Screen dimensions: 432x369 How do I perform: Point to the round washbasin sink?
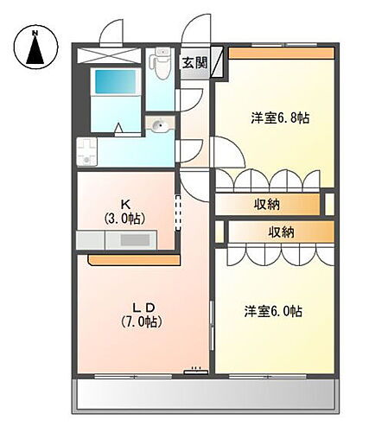click(158, 127)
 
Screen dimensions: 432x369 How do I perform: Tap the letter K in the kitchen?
click(127, 204)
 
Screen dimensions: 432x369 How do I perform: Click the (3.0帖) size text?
click(127, 219)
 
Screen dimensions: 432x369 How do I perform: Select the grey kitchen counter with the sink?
click(115, 241)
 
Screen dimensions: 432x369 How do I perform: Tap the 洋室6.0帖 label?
click(272, 310)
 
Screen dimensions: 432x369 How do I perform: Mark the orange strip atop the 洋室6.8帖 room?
click(281, 53)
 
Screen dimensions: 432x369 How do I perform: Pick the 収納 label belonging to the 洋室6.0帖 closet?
click(281, 232)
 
